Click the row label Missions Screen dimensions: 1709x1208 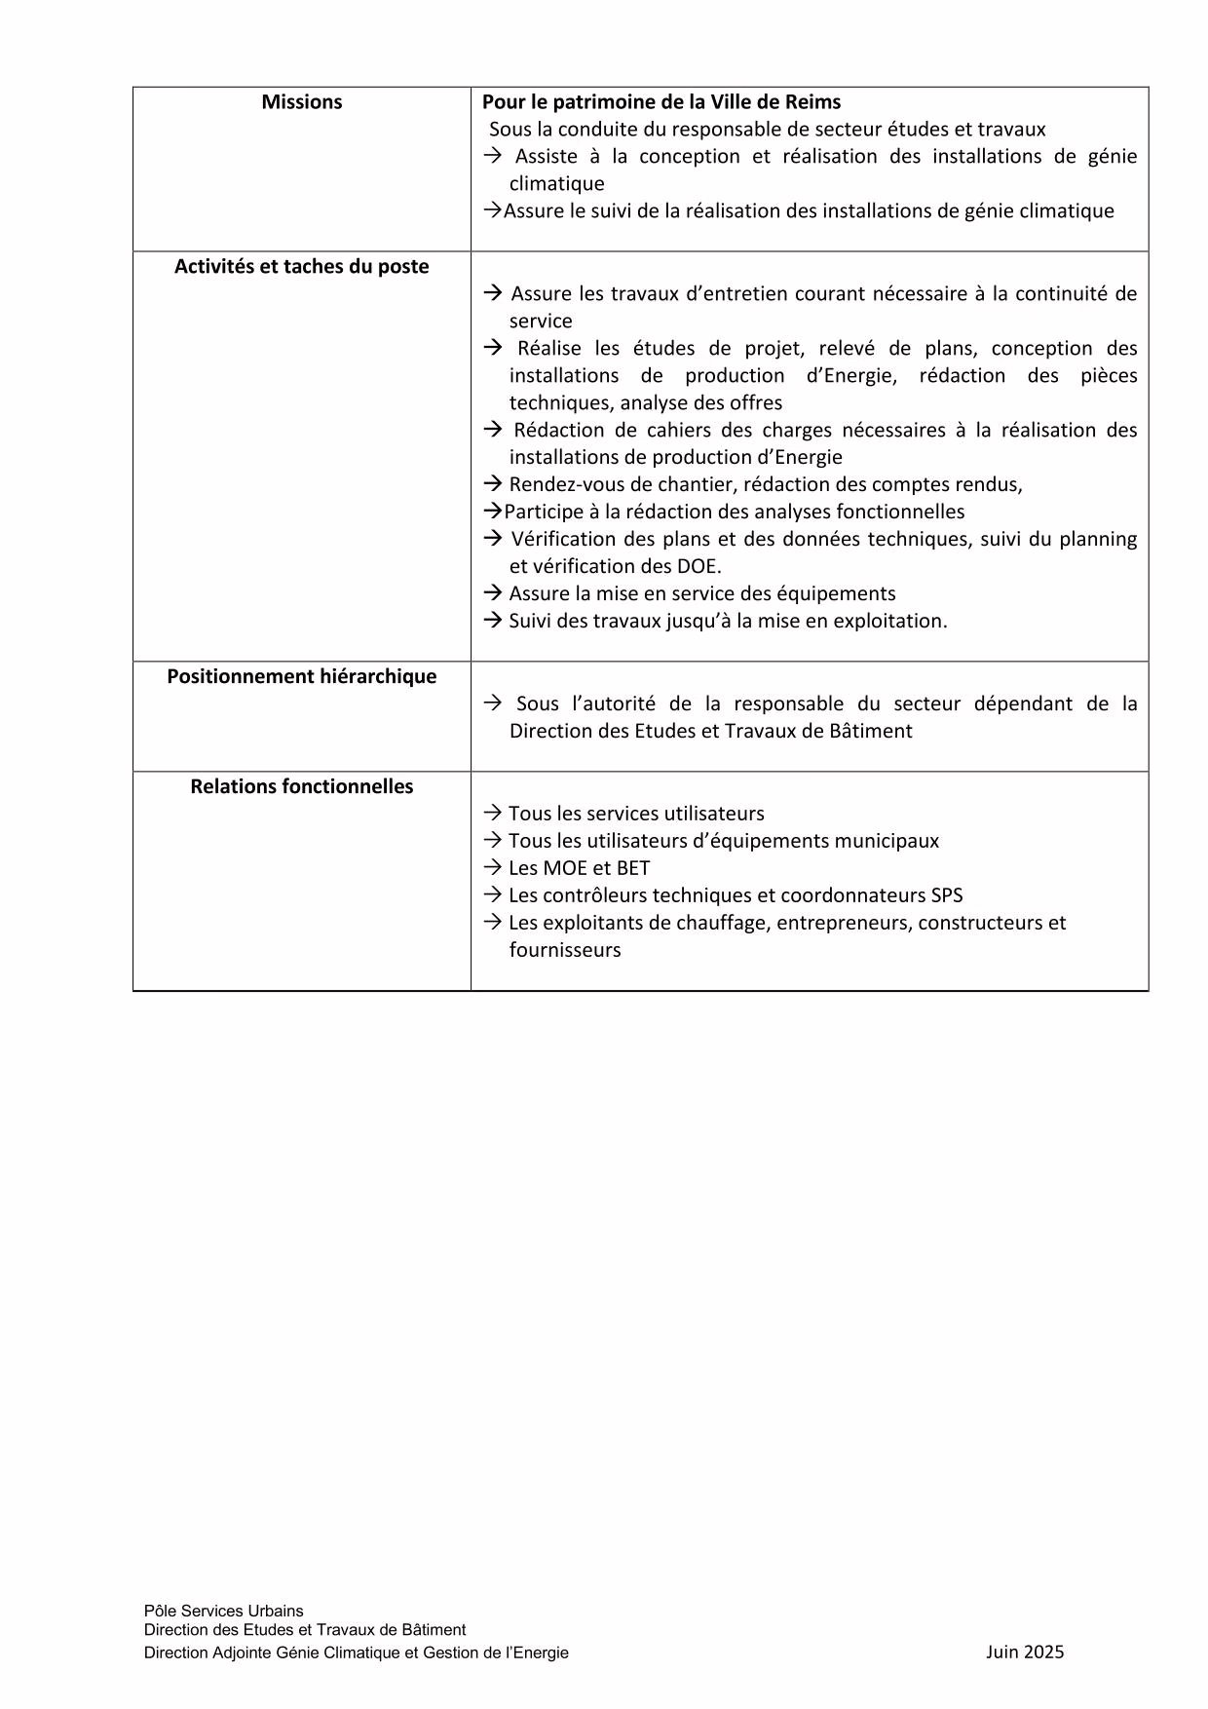[x=301, y=102]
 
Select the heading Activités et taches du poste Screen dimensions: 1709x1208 [x=301, y=267]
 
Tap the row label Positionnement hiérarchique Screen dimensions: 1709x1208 [x=301, y=677]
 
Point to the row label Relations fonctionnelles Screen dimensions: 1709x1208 [x=301, y=787]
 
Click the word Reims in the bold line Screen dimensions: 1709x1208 [x=812, y=102]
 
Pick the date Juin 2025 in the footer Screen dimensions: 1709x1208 [x=1025, y=1652]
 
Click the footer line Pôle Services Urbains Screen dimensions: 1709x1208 [x=223, y=1611]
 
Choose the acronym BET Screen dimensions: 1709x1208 [x=633, y=868]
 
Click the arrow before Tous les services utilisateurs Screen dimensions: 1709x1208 [x=492, y=814]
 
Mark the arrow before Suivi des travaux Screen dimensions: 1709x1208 [x=492, y=621]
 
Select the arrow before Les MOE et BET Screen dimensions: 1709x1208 [x=492, y=868]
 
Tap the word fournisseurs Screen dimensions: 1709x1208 [x=564, y=950]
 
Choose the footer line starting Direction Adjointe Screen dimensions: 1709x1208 [x=356, y=1652]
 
